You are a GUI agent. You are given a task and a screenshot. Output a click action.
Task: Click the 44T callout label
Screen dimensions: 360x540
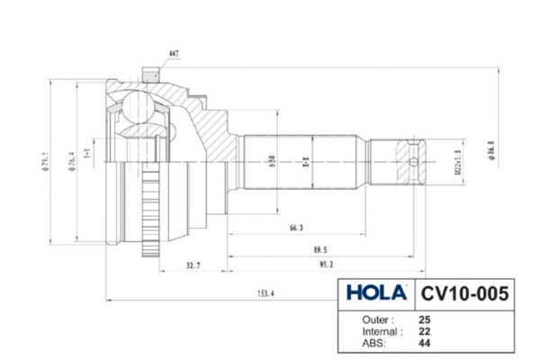pyautogui.click(x=172, y=55)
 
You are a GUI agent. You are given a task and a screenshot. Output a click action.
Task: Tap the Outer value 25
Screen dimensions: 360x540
pyautogui.click(x=424, y=319)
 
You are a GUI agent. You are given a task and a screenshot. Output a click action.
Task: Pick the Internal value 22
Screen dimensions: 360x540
pyautogui.click(x=424, y=330)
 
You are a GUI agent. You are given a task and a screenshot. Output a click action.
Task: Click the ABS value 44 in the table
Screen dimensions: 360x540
pyautogui.click(x=424, y=342)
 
